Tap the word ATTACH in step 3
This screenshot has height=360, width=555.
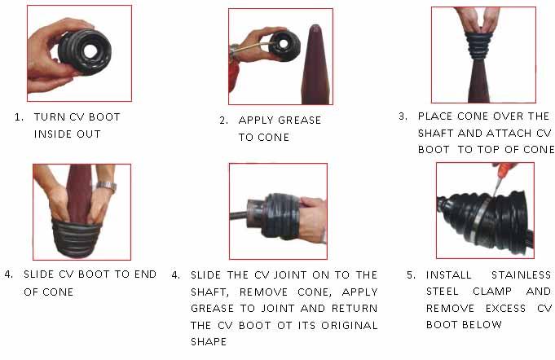pyautogui.click(x=509, y=134)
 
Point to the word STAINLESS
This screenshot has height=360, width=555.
pyautogui.click(x=522, y=275)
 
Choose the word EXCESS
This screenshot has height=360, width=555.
pyautogui.click(x=505, y=309)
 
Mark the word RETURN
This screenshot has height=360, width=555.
pyautogui.click(x=355, y=309)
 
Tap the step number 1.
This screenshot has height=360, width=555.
pyautogui.click(x=19, y=117)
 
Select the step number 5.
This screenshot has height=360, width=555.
pyautogui.click(x=411, y=275)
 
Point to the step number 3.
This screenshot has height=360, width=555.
pyautogui.click(x=403, y=116)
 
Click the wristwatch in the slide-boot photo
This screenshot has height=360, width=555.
pyautogui.click(x=107, y=187)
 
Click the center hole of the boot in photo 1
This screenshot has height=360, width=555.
pyautogui.click(x=91, y=51)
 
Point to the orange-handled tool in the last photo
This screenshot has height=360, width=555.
pyautogui.click(x=502, y=176)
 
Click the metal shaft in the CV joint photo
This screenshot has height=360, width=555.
pyautogui.click(x=239, y=215)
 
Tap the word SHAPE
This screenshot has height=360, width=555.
pyautogui.click(x=209, y=342)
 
